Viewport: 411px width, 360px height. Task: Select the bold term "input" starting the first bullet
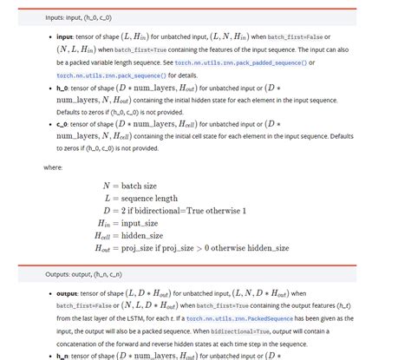click(64, 38)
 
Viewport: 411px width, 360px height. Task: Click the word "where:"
click(52, 167)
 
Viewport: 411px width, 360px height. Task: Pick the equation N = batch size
click(131, 187)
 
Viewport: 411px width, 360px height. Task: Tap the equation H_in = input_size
click(131, 223)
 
